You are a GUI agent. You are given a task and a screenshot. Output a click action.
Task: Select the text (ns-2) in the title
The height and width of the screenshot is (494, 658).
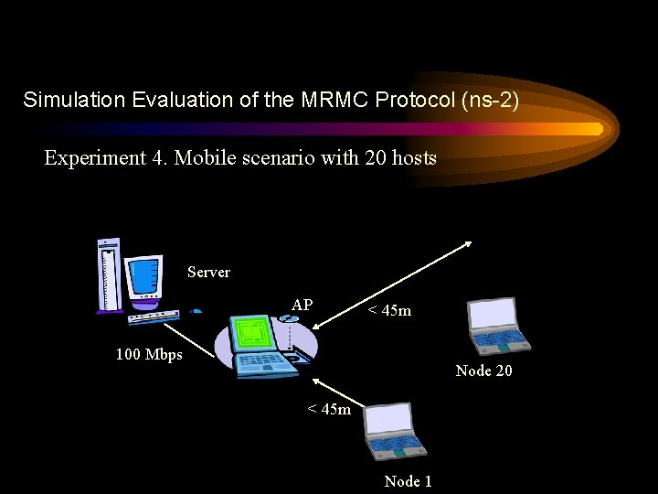[x=487, y=100]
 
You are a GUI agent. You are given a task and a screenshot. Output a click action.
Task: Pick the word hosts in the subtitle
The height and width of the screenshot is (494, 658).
[x=413, y=158]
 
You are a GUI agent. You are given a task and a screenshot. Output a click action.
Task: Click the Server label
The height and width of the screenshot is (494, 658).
[x=208, y=272]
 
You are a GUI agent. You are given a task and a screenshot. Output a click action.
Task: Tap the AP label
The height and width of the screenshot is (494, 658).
[x=302, y=305]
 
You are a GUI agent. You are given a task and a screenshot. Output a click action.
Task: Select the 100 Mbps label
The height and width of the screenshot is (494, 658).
[x=149, y=354]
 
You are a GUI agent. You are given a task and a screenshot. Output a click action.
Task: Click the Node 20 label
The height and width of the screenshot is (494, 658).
[x=483, y=370]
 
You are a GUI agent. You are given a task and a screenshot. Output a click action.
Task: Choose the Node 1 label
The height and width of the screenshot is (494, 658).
[x=408, y=481]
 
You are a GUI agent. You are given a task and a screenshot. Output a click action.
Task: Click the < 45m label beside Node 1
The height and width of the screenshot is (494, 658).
[x=329, y=409]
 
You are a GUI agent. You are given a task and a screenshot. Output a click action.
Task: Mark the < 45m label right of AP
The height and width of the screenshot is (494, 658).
[x=389, y=311]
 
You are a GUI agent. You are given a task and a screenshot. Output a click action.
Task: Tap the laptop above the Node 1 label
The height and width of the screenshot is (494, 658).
[x=395, y=430]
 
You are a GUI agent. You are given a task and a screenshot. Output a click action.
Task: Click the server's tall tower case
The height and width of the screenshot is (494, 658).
[x=109, y=275]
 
